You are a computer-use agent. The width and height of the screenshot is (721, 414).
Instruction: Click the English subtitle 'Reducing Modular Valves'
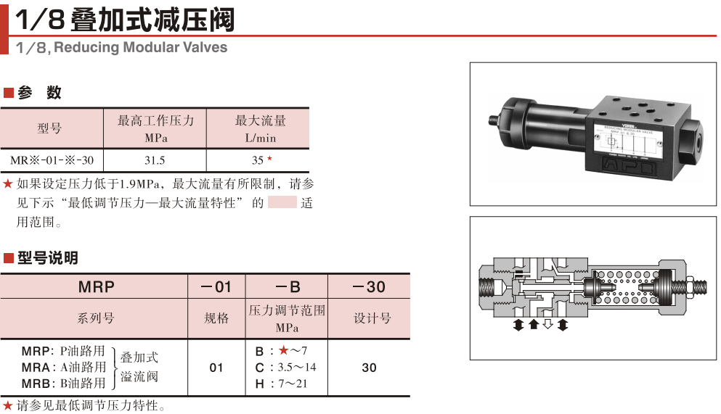(x=140, y=48)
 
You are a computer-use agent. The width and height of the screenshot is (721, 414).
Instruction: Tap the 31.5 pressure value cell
(x=155, y=160)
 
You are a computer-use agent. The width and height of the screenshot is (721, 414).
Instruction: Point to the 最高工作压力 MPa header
(x=155, y=128)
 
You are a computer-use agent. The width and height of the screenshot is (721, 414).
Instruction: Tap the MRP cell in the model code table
(x=96, y=286)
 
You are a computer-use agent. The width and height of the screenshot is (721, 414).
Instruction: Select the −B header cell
(x=287, y=286)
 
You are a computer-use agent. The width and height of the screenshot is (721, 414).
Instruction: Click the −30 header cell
(x=369, y=286)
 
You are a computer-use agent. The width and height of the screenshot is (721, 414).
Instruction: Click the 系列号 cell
(x=96, y=318)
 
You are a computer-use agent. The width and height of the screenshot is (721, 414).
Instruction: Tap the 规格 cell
(x=216, y=318)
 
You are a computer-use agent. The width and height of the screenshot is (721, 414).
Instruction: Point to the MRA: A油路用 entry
(x=64, y=367)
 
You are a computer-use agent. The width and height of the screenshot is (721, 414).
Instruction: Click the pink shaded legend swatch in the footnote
(x=282, y=202)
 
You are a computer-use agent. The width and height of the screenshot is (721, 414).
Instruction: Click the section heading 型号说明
(x=46, y=258)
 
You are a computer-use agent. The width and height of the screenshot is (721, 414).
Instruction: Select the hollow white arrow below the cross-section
(x=548, y=324)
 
